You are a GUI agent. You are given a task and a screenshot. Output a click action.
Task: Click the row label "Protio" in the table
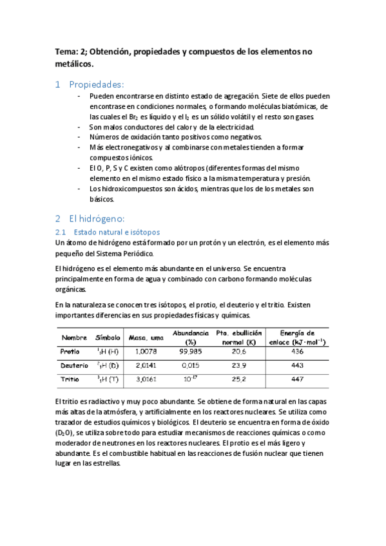pyautogui.click(x=70, y=352)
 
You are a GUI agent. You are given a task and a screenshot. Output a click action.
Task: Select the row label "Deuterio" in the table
pyautogui.click(x=73, y=366)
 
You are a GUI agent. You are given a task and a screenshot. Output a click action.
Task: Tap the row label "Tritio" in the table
pyautogui.click(x=70, y=379)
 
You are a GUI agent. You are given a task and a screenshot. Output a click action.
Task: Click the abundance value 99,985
pyautogui.click(x=191, y=352)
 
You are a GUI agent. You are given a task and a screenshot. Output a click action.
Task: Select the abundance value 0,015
pyautogui.click(x=191, y=366)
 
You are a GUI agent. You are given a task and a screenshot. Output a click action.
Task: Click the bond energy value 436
pyautogui.click(x=297, y=352)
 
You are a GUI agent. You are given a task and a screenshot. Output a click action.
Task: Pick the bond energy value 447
pyautogui.click(x=297, y=379)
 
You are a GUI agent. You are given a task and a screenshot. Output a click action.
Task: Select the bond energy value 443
pyautogui.click(x=297, y=366)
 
